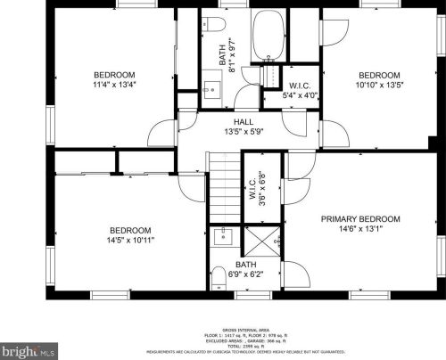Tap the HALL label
244,122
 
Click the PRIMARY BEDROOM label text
360,219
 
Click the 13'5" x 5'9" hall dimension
244,133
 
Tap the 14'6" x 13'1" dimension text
360,230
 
